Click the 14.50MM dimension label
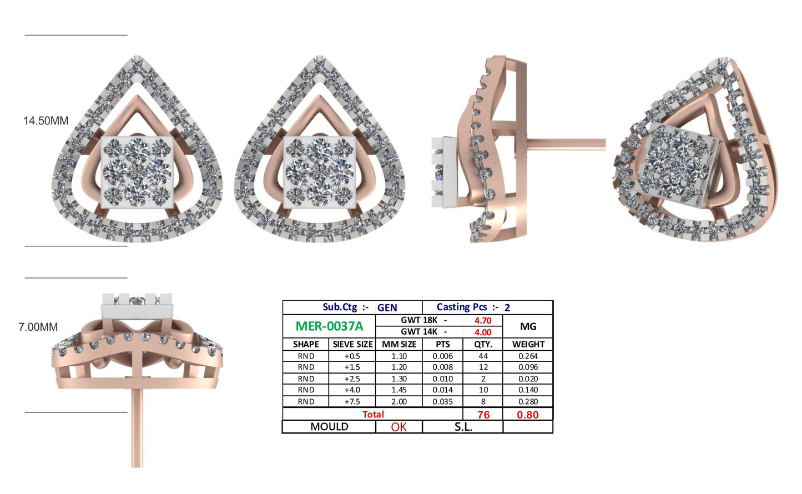click(x=46, y=120)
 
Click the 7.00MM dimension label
click(x=38, y=327)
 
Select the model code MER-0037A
click(x=329, y=326)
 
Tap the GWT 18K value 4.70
click(x=482, y=320)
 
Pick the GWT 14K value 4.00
click(x=482, y=332)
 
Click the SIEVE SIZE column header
click(x=352, y=344)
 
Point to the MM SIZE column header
click(x=399, y=344)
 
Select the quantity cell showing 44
click(x=483, y=356)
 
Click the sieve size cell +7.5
click(x=352, y=401)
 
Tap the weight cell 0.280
click(x=528, y=401)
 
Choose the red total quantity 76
click(x=483, y=415)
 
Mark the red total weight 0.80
click(x=527, y=415)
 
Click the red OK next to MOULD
click(x=399, y=427)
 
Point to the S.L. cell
click(x=463, y=427)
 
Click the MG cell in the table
click(x=528, y=326)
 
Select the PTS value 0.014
click(x=442, y=390)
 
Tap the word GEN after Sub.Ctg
click(x=387, y=308)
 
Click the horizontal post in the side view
click(x=566, y=144)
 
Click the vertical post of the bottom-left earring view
click(x=137, y=427)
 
